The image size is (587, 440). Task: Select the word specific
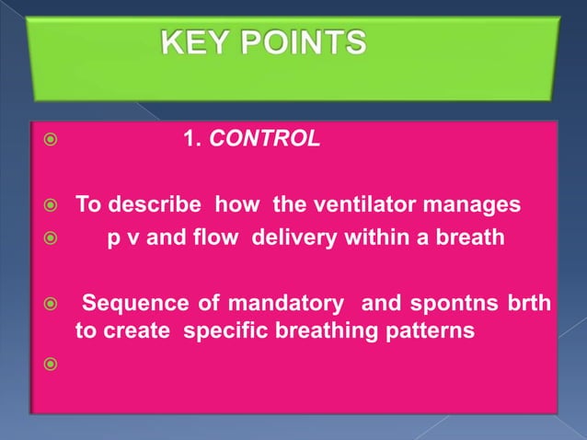click(x=224, y=331)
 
